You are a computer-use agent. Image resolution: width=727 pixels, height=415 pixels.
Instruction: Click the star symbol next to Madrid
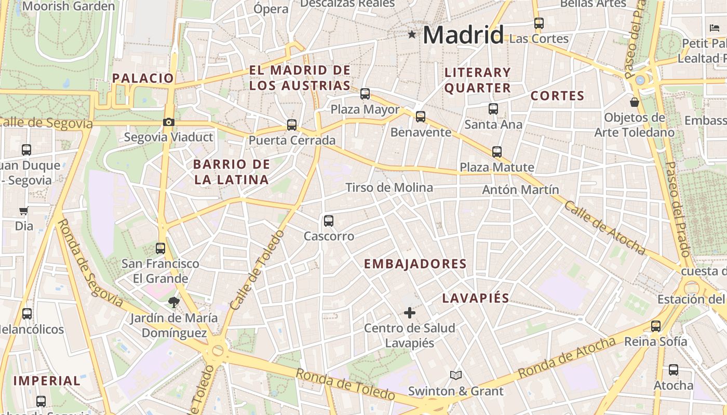pos(412,35)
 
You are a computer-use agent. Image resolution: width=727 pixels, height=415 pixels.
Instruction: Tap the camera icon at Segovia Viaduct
pos(168,122)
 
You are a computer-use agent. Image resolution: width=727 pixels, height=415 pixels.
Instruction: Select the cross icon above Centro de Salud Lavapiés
pos(410,312)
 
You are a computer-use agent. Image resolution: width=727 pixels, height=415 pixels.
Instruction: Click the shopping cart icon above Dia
pos(23,211)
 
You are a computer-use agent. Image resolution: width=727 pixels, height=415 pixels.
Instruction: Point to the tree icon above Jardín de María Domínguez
pos(173,302)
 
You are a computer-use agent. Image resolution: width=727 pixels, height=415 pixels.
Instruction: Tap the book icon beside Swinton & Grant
pos(455,375)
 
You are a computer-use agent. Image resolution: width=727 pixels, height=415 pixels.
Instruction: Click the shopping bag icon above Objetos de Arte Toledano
pos(634,102)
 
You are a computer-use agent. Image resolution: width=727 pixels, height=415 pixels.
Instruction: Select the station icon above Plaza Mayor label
pos(365,94)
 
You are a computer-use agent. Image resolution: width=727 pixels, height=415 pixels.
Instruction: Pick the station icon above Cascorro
pos(329,221)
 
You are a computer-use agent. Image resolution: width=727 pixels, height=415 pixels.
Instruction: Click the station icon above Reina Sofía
pos(656,326)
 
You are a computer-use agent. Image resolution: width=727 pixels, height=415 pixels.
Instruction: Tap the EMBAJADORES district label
pos(415,264)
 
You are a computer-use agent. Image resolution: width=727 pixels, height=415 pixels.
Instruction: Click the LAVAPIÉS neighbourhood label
pos(476,298)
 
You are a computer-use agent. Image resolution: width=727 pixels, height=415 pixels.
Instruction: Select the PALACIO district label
pos(143,78)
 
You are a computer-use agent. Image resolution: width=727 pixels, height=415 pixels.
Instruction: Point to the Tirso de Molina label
pos(389,188)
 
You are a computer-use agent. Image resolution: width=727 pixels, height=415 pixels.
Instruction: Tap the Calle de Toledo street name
pos(257,270)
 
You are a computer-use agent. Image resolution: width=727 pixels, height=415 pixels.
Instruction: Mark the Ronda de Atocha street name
pos(567,357)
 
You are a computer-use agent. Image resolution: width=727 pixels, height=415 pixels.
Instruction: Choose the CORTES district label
pos(557,96)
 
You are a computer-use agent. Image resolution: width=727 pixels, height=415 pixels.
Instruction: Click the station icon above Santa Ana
pos(493,109)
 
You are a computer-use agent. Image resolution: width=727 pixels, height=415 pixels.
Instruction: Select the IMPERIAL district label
pos(47,381)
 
